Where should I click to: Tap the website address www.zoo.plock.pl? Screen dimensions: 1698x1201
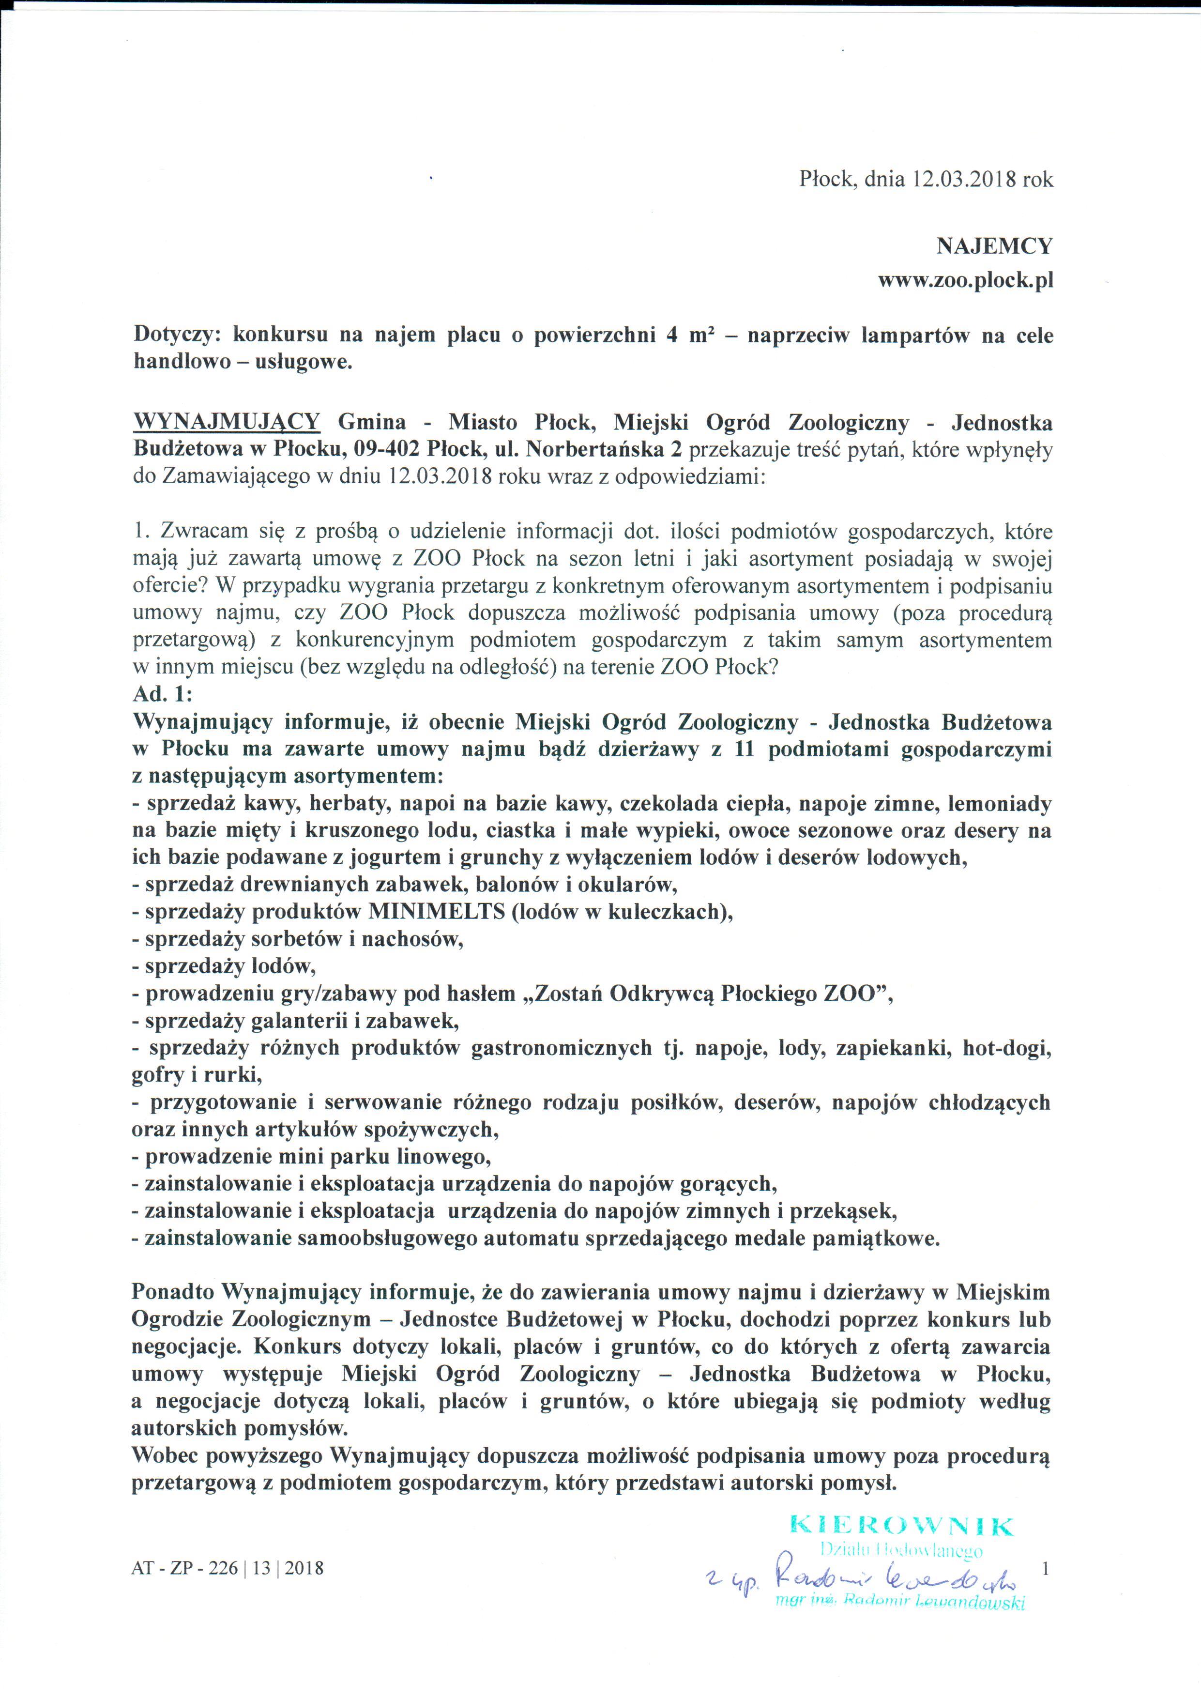[x=965, y=281]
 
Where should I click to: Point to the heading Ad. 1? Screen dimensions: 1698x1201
[x=162, y=694]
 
